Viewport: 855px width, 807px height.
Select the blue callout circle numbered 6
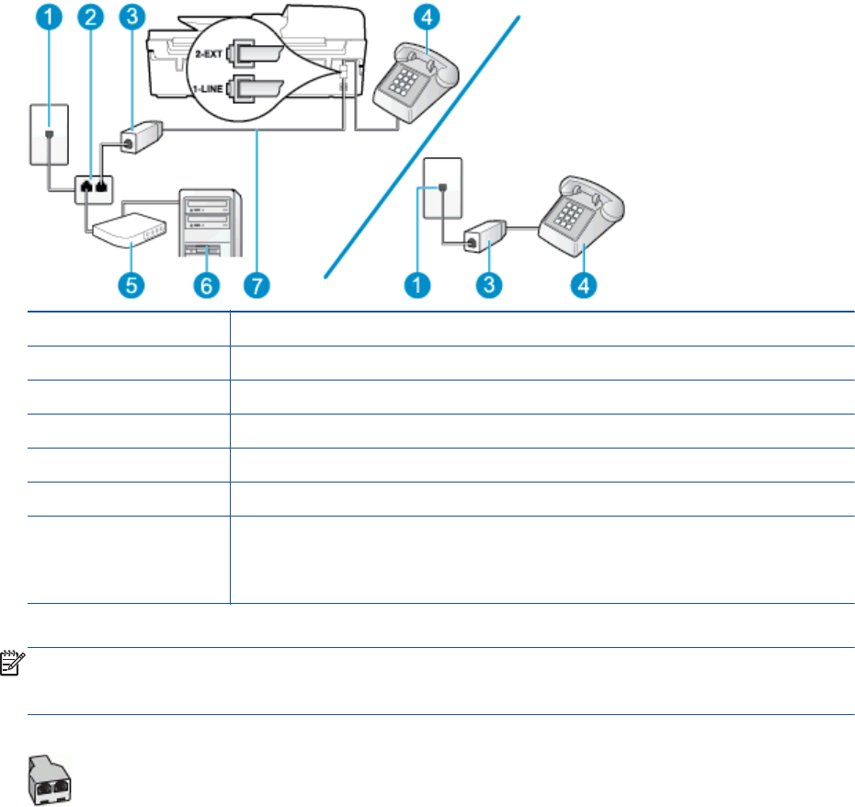pyautogui.click(x=205, y=285)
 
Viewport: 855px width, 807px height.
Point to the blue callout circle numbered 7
pyautogui.click(x=256, y=285)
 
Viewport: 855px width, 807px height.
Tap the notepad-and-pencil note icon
pyautogui.click(x=13, y=660)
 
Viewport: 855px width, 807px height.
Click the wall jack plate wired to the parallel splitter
pyautogui.click(x=48, y=134)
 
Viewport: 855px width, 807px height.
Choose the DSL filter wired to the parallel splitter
pyautogui.click(x=138, y=141)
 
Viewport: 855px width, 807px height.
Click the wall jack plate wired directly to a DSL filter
pyautogui.click(x=441, y=191)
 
